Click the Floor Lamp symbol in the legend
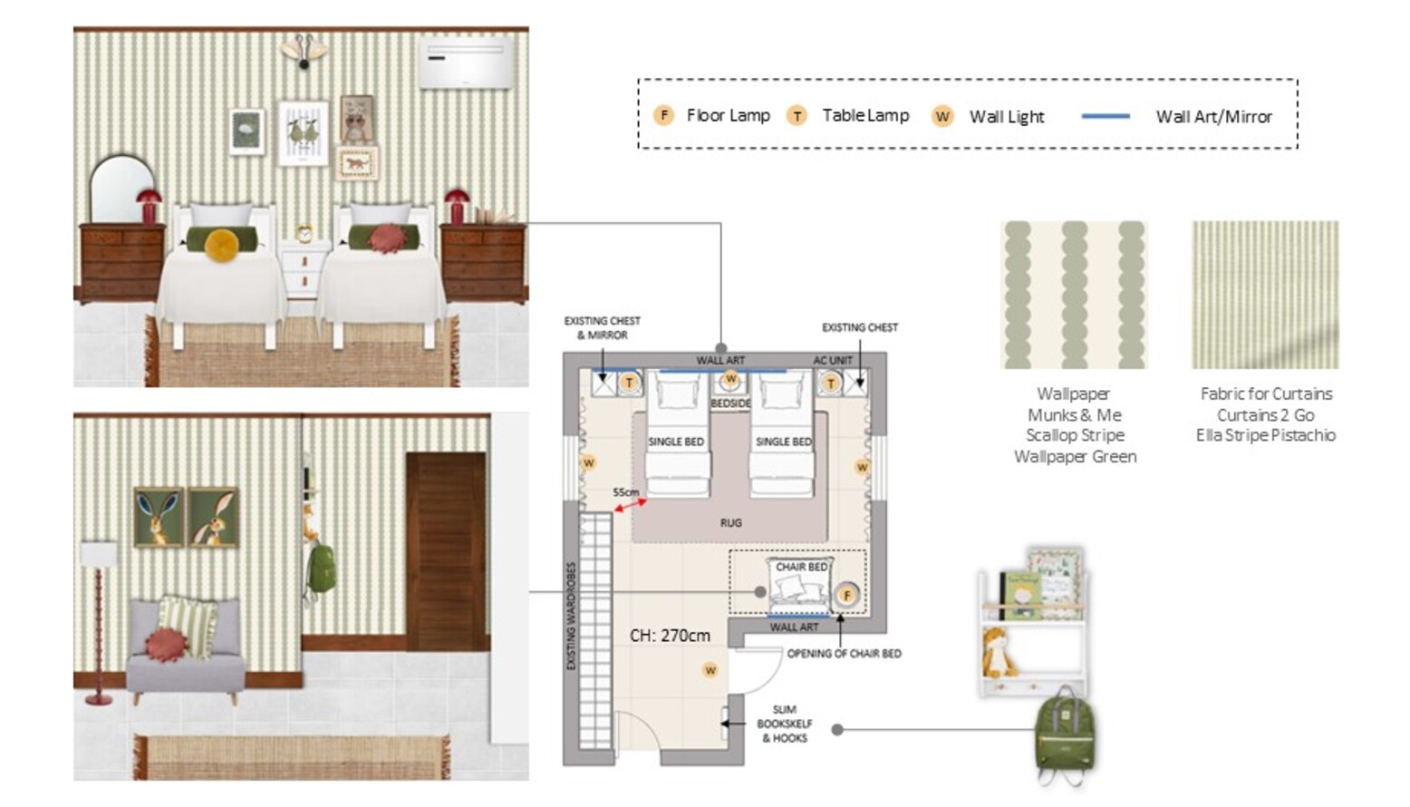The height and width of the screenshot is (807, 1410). [663, 115]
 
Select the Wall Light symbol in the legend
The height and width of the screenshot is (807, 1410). [942, 116]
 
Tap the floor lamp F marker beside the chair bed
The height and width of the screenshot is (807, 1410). [846, 595]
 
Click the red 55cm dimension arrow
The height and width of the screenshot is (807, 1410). [630, 505]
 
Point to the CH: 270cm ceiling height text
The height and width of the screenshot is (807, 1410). [670, 635]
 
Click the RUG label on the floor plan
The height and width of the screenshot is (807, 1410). [730, 522]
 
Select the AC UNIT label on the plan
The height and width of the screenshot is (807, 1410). [832, 360]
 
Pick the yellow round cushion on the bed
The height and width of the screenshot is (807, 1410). [222, 245]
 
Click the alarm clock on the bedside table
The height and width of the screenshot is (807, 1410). [304, 233]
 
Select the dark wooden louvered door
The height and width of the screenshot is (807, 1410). [447, 551]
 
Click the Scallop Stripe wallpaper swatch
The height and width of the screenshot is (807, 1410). [1074, 294]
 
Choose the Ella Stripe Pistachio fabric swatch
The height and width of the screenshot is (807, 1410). [1265, 294]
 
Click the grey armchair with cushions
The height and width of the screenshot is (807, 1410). [185, 650]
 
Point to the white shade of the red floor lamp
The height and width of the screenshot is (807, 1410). [98, 554]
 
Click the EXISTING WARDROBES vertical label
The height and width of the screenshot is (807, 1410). [572, 616]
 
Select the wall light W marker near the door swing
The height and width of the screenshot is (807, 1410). [710, 670]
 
